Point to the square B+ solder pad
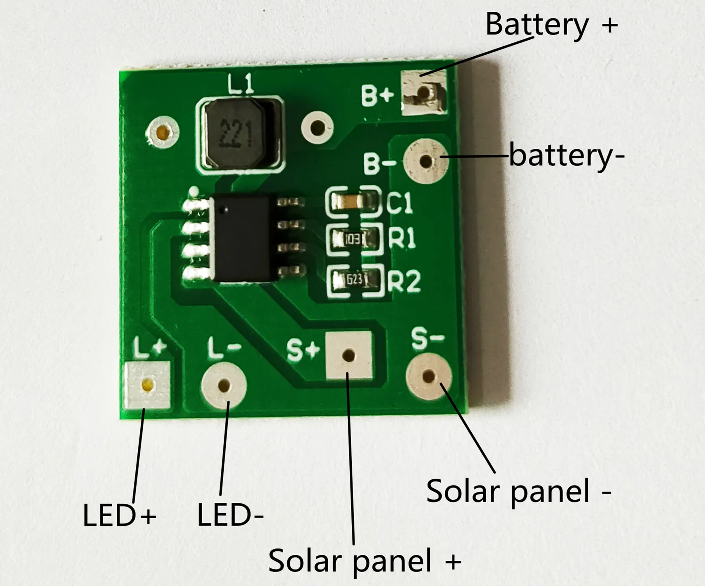coord(424,92)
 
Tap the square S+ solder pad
coord(348,355)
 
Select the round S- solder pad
coord(428,376)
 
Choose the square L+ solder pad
coord(147,385)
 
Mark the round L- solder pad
coord(224,385)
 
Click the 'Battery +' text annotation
coord(551,25)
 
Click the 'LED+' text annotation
coord(120,516)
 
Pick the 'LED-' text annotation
coord(230,516)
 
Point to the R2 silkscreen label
coord(404,280)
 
